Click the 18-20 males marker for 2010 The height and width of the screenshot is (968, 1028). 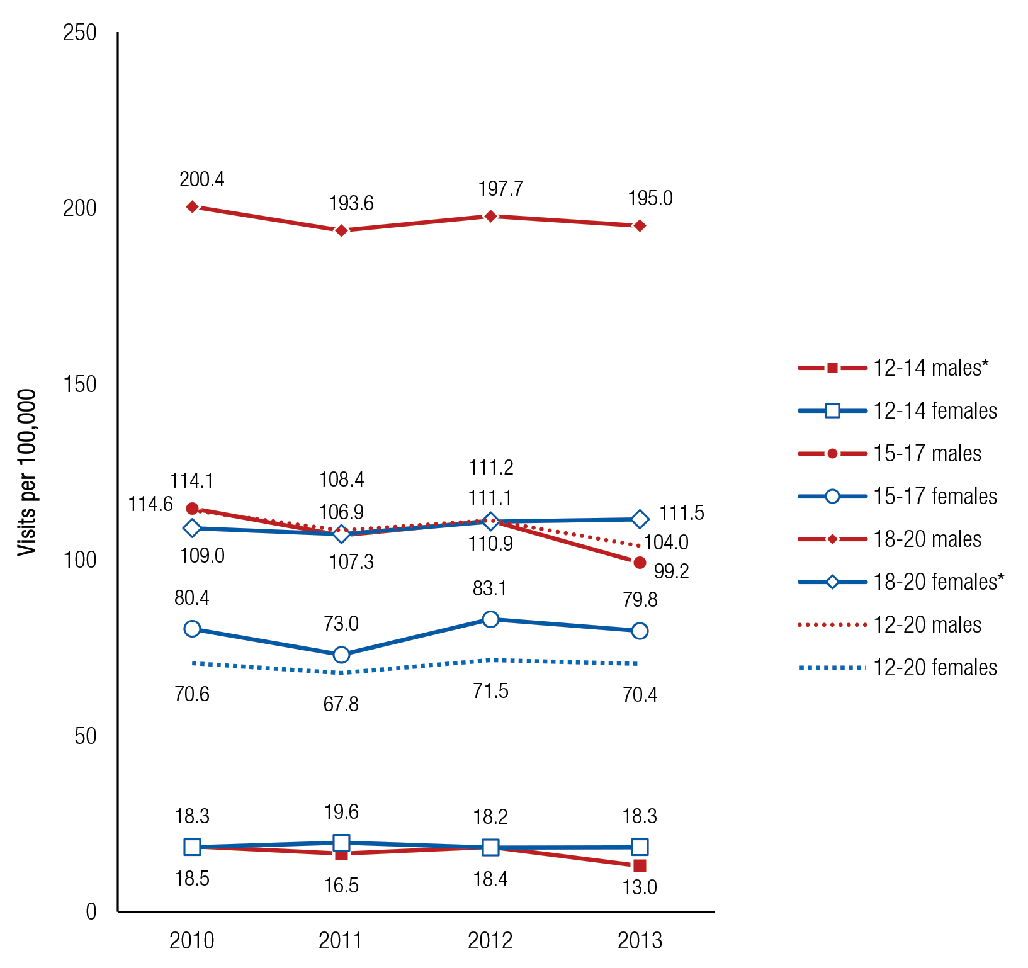(x=192, y=207)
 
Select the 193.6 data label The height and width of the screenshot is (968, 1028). (x=351, y=203)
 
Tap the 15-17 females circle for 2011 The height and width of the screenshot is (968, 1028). (x=341, y=655)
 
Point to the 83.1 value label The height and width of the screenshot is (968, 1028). (x=490, y=588)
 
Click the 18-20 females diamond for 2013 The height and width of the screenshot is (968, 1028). (x=640, y=519)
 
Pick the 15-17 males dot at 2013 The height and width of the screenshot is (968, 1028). (x=640, y=562)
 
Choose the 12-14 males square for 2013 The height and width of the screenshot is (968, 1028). (x=640, y=866)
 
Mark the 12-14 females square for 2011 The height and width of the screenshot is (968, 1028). (x=341, y=843)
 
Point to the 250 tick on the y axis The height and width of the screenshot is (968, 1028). (x=80, y=33)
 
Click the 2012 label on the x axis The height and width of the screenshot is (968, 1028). (x=490, y=941)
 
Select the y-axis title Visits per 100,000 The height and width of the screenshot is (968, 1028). (x=27, y=473)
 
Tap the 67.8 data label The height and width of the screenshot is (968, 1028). (x=341, y=704)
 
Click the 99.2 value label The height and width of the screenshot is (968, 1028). (x=671, y=571)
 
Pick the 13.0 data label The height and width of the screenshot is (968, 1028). (x=640, y=887)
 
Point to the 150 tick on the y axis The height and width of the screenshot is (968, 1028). (x=80, y=385)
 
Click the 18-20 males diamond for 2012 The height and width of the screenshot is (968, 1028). (x=490, y=217)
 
